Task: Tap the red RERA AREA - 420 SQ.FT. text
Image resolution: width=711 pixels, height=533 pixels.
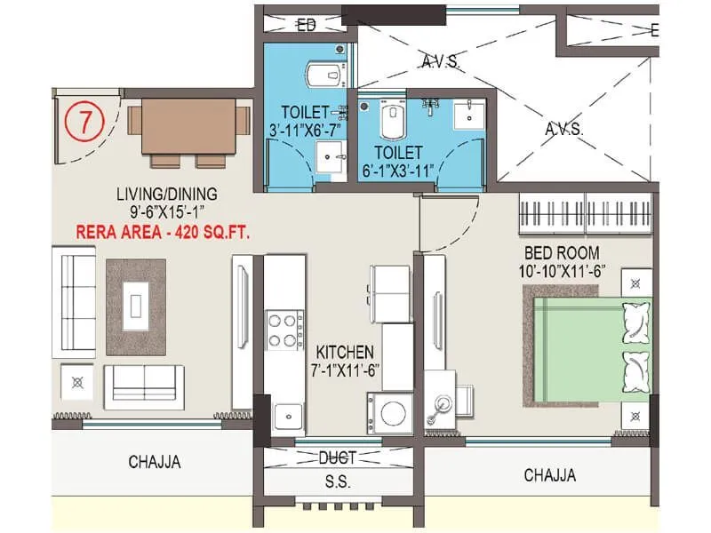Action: (163, 234)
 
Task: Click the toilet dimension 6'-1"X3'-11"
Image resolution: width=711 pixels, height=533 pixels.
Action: (397, 170)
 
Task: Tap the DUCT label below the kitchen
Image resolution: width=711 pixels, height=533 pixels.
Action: (337, 458)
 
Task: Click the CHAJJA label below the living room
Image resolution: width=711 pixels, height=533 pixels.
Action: (154, 462)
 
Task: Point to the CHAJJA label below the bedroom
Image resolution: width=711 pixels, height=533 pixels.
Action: (549, 475)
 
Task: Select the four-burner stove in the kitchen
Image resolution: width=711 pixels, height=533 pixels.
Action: (282, 330)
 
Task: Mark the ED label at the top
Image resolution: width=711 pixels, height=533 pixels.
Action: (307, 25)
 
